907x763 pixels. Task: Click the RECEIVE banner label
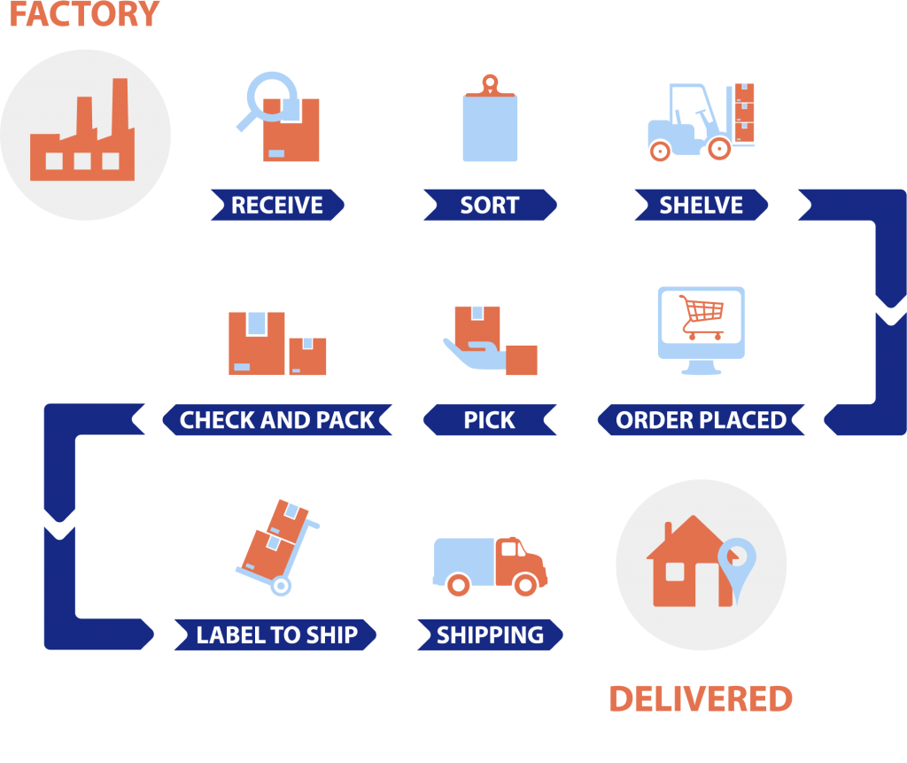pos(276,206)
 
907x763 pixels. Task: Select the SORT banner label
pos(489,206)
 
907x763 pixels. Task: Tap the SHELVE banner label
pos(701,206)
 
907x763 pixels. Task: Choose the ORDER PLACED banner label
pos(701,420)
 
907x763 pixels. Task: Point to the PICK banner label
pos(489,420)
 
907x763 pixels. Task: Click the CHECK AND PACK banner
pos(276,420)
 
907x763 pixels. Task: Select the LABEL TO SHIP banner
pos(276,635)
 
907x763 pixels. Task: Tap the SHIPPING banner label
pos(489,635)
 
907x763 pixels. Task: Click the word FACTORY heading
pos(84,14)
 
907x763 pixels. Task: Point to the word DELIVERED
pos(700,699)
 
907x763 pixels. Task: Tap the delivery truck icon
pos(490,565)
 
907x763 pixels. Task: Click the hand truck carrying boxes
pos(276,545)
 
